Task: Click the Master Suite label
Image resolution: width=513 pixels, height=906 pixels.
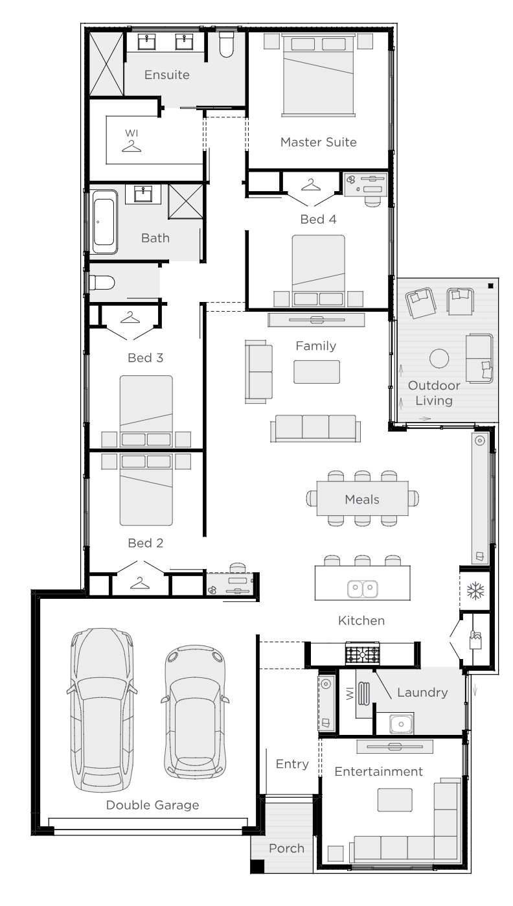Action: click(319, 142)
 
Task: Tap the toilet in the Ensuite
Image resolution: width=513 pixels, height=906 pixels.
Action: click(226, 44)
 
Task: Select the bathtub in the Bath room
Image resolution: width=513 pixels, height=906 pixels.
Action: click(104, 222)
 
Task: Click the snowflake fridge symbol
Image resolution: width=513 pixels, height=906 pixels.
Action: click(475, 590)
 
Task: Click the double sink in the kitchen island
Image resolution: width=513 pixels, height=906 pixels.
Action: click(363, 588)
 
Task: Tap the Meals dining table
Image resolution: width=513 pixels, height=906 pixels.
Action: click(362, 498)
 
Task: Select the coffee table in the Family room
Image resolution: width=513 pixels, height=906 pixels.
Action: click(317, 372)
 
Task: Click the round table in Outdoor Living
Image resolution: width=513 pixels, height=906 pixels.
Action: click(439, 358)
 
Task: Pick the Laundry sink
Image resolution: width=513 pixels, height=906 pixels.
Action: click(401, 724)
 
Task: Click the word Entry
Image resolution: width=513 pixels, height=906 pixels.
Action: click(292, 763)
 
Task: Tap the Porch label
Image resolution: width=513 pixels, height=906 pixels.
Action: click(286, 848)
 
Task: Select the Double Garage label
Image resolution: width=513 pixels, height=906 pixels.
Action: click(152, 805)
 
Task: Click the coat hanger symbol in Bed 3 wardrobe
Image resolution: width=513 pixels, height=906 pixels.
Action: click(130, 317)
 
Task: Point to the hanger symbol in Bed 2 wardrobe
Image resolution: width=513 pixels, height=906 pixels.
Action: click(139, 583)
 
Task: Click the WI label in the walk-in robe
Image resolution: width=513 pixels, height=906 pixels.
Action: click(131, 133)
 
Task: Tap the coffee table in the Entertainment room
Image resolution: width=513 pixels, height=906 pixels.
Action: click(395, 800)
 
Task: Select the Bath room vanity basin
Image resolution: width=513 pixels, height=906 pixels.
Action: click(142, 194)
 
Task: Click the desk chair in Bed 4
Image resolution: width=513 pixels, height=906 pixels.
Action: click(372, 201)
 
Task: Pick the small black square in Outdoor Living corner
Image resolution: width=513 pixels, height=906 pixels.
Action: click(491, 286)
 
